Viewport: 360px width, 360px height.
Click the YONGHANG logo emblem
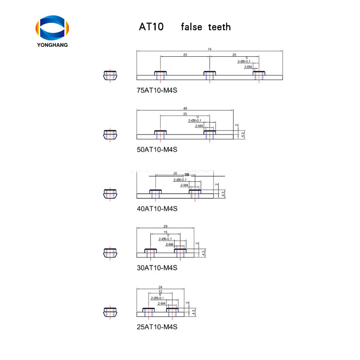pos(53,27)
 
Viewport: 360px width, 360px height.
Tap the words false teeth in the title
pos(206,27)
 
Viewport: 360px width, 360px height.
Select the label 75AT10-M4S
pos(157,90)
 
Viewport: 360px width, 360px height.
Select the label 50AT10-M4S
pos(157,149)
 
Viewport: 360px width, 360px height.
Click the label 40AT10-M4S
pos(157,208)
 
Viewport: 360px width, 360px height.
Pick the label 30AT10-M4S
pos(157,267)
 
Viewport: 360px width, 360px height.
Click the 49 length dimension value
pos(185,108)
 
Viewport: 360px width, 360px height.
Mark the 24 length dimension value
pos(161,287)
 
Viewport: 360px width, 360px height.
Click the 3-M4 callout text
pos(248,66)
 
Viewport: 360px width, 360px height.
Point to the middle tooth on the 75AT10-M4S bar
pos(210,74)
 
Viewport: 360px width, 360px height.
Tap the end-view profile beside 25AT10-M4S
pos(110,311)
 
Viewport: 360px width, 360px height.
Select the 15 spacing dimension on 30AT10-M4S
pos(165,232)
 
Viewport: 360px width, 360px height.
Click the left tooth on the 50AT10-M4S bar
pos(161,133)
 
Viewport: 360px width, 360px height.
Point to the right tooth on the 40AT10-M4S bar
pos(195,192)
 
